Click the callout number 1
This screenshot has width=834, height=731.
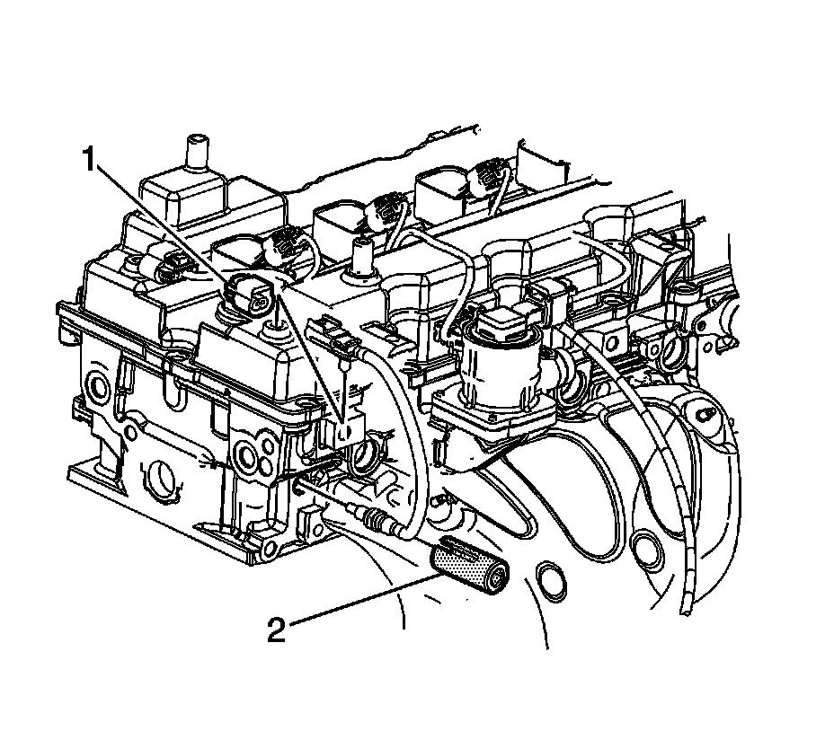[89, 160]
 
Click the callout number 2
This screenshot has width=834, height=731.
[277, 630]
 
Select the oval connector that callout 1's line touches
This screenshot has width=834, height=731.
[251, 296]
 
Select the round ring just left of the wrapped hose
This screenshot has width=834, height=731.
[647, 549]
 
